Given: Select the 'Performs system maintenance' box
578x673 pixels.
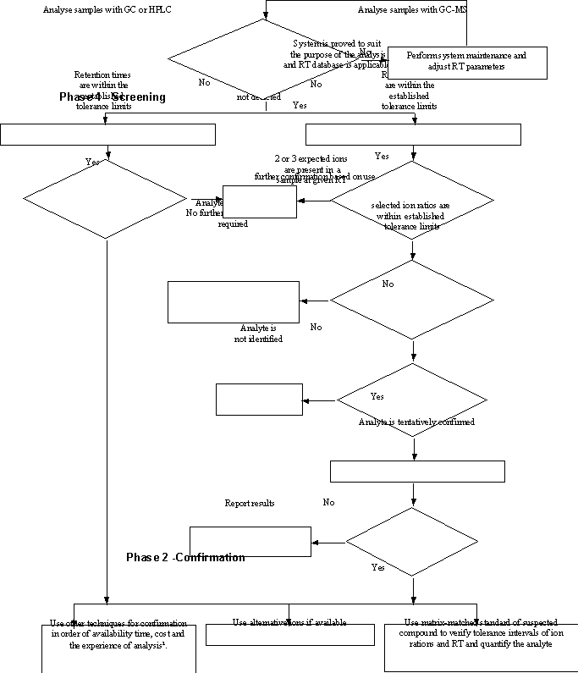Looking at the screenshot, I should point(466,61).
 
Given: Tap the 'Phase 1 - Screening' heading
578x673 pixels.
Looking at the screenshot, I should point(113,97).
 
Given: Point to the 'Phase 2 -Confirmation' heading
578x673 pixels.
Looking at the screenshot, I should point(185,557).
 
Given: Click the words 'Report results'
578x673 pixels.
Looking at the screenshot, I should point(249,503).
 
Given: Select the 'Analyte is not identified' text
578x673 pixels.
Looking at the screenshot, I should point(258,333).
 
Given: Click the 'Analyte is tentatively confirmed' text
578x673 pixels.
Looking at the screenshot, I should point(416,422).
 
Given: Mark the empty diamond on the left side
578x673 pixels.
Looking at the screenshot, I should point(105,200).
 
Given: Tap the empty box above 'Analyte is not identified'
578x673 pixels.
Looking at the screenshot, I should point(234,302).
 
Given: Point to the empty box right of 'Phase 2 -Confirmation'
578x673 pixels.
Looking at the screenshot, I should point(250,541).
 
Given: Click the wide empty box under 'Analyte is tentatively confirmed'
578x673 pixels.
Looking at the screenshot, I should point(416,471).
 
